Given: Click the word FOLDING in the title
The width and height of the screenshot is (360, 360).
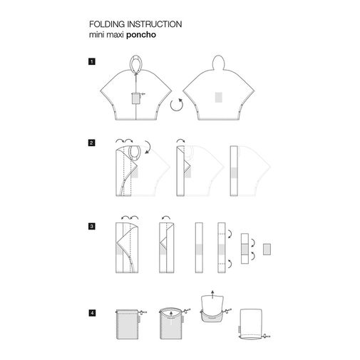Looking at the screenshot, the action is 107,24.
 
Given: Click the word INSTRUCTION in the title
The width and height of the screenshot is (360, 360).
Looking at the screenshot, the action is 155,24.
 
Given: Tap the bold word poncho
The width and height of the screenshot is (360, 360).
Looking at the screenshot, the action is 141,35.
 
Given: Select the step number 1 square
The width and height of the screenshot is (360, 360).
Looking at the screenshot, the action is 91,62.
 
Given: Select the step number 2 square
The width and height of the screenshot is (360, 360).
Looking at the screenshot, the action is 91,143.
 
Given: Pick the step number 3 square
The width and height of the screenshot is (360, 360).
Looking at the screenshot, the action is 91,226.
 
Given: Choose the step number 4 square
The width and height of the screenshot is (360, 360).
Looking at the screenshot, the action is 92,313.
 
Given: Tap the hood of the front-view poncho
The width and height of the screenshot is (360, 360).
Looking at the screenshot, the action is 136,63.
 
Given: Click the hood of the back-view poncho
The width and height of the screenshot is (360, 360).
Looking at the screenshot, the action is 218,62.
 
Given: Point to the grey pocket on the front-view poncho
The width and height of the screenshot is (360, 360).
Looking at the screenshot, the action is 135,98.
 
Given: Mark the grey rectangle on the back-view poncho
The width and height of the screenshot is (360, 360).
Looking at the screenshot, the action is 219,97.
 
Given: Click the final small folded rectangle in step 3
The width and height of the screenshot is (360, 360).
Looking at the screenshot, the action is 267,250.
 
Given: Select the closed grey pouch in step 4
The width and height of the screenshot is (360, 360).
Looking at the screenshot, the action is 127,324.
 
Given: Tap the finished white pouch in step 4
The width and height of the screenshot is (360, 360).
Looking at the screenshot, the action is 251,324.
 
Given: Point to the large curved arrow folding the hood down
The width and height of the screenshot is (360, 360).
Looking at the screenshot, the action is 148,148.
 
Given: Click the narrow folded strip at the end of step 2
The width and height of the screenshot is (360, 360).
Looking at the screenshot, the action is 234,171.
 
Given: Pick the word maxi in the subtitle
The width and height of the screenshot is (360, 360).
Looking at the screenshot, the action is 115,35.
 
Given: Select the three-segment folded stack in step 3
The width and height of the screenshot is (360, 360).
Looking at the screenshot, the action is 245,248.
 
